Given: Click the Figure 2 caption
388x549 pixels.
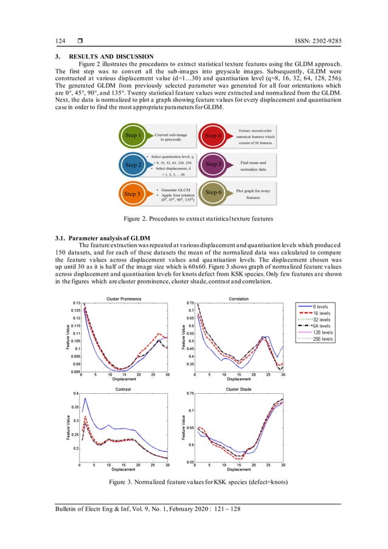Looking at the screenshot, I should [x=193, y=218].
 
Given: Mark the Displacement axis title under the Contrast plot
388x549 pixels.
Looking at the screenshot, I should [x=124, y=470].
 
